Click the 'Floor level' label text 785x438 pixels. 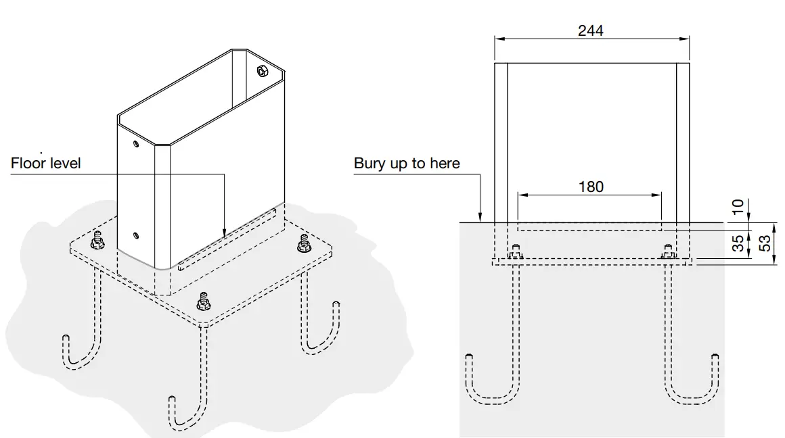(x=46, y=164)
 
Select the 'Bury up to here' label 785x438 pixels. (x=407, y=164)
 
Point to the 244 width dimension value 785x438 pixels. (x=591, y=30)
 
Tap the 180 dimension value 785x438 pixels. (x=591, y=187)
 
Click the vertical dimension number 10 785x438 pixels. (x=738, y=207)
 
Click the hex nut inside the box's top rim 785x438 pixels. (x=263, y=70)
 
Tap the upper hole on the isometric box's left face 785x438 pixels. (x=136, y=144)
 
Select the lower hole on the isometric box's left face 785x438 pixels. (x=136, y=235)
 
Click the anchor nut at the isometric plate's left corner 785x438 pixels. (x=97, y=240)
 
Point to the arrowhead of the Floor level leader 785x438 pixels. (x=224, y=236)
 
